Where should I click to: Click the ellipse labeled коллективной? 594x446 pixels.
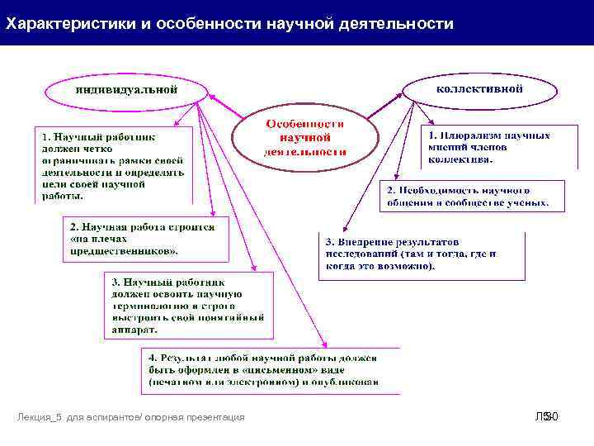tap(478, 88)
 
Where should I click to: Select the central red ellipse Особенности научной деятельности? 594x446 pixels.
tap(305, 137)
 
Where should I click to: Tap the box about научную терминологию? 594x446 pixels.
tap(188, 305)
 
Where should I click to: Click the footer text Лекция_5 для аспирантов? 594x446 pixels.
tap(131, 417)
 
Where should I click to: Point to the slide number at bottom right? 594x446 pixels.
tap(548, 417)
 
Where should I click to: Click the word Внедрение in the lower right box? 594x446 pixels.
tap(370, 242)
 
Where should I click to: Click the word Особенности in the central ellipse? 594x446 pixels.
tap(304, 123)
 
